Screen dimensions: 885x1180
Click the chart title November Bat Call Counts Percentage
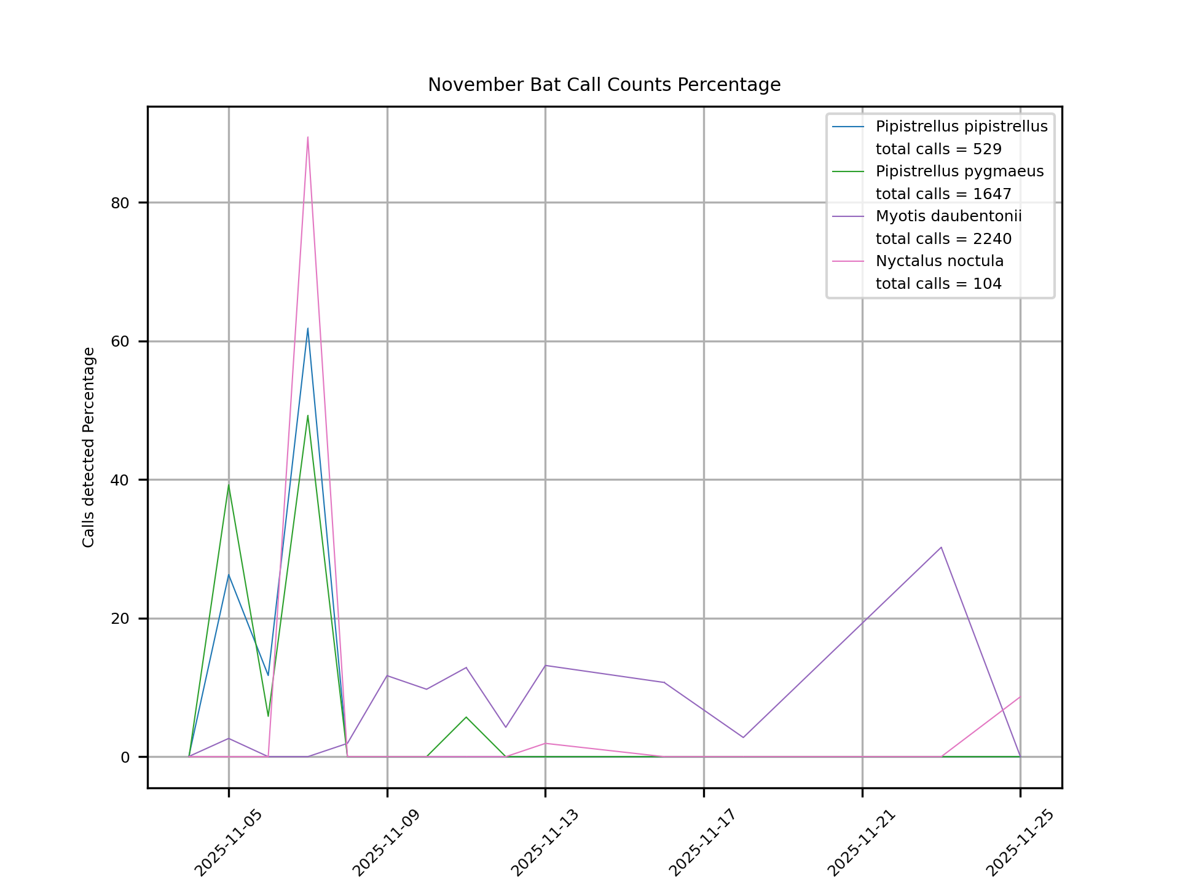point(604,85)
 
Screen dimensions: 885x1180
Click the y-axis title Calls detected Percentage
point(89,447)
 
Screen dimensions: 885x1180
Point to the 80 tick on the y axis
point(120,203)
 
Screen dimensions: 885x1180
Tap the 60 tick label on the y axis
point(120,342)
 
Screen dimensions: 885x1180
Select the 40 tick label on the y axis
point(120,480)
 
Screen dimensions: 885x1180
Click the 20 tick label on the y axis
point(120,619)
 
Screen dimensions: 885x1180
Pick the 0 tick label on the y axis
point(125,757)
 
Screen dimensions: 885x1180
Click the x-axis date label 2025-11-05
point(229,843)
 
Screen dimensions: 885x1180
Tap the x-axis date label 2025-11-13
point(545,843)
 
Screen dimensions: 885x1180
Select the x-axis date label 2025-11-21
point(862,843)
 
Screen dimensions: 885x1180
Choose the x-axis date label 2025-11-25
point(1020,843)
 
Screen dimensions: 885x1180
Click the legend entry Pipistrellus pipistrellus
point(961,127)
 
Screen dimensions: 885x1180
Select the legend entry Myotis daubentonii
point(948,216)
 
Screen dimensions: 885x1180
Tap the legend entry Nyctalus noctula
point(939,261)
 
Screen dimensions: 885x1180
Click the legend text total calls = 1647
point(943,194)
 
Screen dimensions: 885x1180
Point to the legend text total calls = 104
point(938,284)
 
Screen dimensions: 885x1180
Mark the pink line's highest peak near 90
point(308,137)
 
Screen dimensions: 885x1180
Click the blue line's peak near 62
point(308,328)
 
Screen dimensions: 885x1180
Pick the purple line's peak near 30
point(941,547)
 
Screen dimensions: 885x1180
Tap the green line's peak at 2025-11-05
point(229,484)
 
